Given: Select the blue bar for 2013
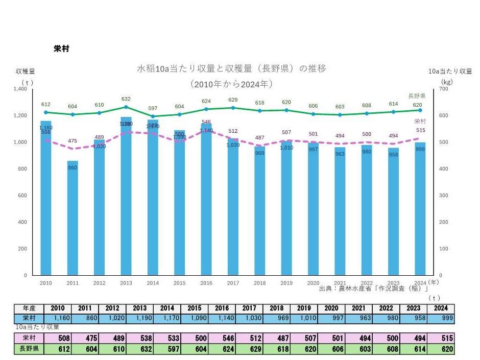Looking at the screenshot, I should (x=126, y=196).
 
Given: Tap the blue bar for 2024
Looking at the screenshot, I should (x=420, y=209).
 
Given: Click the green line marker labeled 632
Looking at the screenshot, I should (x=126, y=107).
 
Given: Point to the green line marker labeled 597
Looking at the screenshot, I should (x=153, y=116).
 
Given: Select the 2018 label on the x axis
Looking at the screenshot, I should (x=259, y=282).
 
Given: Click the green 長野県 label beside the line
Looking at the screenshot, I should (x=417, y=96).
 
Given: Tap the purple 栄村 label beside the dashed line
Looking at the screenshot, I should (x=419, y=122).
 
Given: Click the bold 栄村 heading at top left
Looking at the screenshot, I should (x=61, y=49).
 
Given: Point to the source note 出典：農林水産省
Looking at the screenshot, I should (x=373, y=289).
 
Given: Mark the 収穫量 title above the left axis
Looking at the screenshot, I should (x=25, y=71).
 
